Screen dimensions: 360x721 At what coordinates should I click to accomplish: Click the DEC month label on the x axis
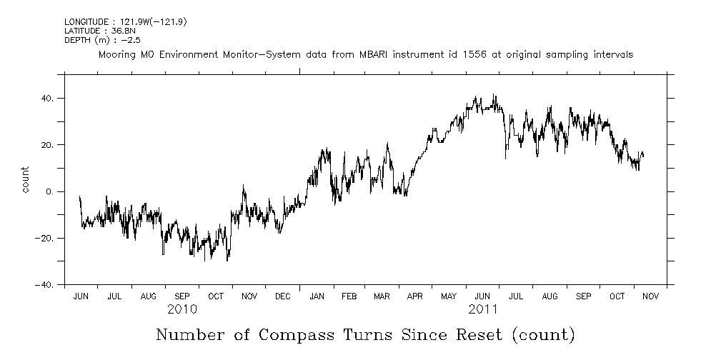(282, 296)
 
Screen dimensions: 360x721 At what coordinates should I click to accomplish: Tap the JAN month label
(316, 296)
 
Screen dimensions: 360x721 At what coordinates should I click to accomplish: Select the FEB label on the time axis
(349, 296)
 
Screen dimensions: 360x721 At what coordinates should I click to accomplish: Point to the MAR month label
(382, 296)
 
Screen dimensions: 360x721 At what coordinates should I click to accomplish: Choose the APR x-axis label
(414, 296)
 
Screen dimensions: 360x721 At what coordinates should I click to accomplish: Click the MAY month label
(449, 296)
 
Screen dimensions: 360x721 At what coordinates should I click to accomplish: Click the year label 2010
(182, 309)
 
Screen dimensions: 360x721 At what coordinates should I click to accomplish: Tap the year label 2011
(484, 309)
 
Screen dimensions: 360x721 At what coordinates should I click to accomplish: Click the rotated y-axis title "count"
(26, 179)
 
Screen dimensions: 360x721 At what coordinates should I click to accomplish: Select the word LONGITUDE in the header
(86, 22)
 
